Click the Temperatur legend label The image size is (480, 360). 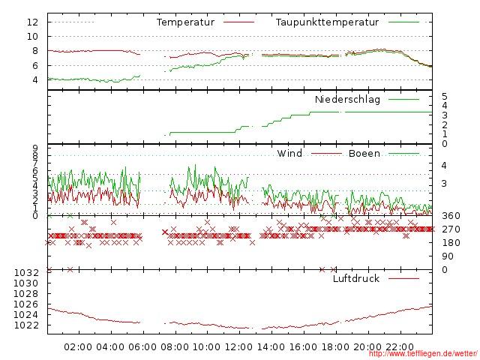(x=185, y=22)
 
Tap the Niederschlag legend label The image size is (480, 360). (x=347, y=99)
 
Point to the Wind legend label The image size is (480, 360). (x=289, y=154)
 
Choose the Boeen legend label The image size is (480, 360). (x=364, y=154)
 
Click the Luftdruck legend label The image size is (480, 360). (x=356, y=279)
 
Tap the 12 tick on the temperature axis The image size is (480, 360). (x=32, y=22)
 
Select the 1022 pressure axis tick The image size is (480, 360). (x=25, y=325)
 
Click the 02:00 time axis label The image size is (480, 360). (x=78, y=347)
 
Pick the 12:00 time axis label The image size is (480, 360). (x=239, y=347)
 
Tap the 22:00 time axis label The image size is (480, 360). (x=400, y=347)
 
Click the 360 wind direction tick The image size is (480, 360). (x=450, y=216)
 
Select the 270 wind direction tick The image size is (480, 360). (x=450, y=229)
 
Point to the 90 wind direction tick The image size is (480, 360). (x=447, y=256)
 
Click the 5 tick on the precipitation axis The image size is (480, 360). (x=445, y=97)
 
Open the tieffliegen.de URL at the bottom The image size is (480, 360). (x=423, y=355)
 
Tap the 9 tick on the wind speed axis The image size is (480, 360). (x=35, y=148)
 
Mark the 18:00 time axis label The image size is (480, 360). (x=336, y=347)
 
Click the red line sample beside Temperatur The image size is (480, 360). (x=239, y=22)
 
